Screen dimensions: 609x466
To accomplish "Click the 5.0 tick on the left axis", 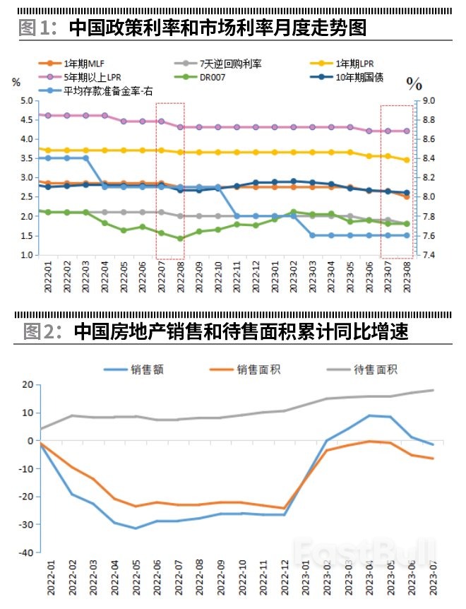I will [x=27, y=101].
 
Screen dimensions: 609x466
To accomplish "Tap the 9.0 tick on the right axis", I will [x=429, y=101].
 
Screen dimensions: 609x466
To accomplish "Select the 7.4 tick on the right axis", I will [x=429, y=254].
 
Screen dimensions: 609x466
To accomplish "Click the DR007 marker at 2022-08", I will [x=180, y=239].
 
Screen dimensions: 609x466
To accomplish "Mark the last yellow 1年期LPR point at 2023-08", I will [x=407, y=160].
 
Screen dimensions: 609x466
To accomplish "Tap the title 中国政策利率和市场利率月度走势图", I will [x=218, y=28].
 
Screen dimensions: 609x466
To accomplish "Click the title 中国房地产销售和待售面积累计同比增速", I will [x=241, y=331].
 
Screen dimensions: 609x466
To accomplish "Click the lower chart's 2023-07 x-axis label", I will [x=433, y=580].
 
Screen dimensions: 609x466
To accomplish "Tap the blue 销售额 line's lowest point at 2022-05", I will [x=136, y=528].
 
